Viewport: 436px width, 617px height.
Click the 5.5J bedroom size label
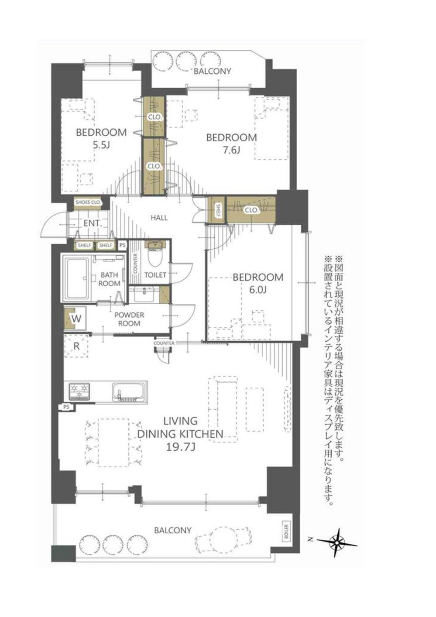(x=101, y=145)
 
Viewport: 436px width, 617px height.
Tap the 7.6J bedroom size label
(x=231, y=151)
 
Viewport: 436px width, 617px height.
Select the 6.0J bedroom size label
(x=258, y=290)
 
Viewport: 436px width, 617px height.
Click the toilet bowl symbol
(x=154, y=254)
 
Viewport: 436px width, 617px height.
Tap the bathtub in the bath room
(x=77, y=279)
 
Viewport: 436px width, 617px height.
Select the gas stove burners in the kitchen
(x=79, y=391)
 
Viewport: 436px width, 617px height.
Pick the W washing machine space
(x=76, y=319)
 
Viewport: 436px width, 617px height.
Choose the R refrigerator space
(x=76, y=346)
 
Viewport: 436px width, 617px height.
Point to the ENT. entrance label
(x=93, y=223)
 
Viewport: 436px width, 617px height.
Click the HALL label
(x=159, y=218)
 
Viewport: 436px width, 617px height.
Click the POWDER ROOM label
(x=129, y=319)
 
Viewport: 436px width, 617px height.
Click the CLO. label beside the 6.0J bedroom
(x=251, y=210)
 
